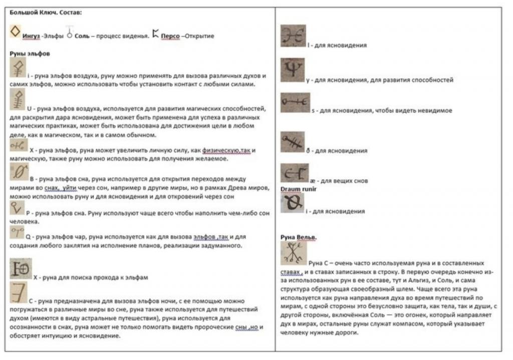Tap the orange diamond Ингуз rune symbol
point(16,32)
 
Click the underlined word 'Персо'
point(170,36)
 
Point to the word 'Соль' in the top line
point(82,36)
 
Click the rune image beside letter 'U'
point(18,100)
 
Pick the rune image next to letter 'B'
point(19,172)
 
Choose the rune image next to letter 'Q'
point(18,231)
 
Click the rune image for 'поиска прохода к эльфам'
point(21,268)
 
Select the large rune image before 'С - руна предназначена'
point(19,293)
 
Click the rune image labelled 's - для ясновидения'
point(295,103)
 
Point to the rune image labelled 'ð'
point(293,142)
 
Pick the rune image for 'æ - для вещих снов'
point(295,173)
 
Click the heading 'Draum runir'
point(298,189)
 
